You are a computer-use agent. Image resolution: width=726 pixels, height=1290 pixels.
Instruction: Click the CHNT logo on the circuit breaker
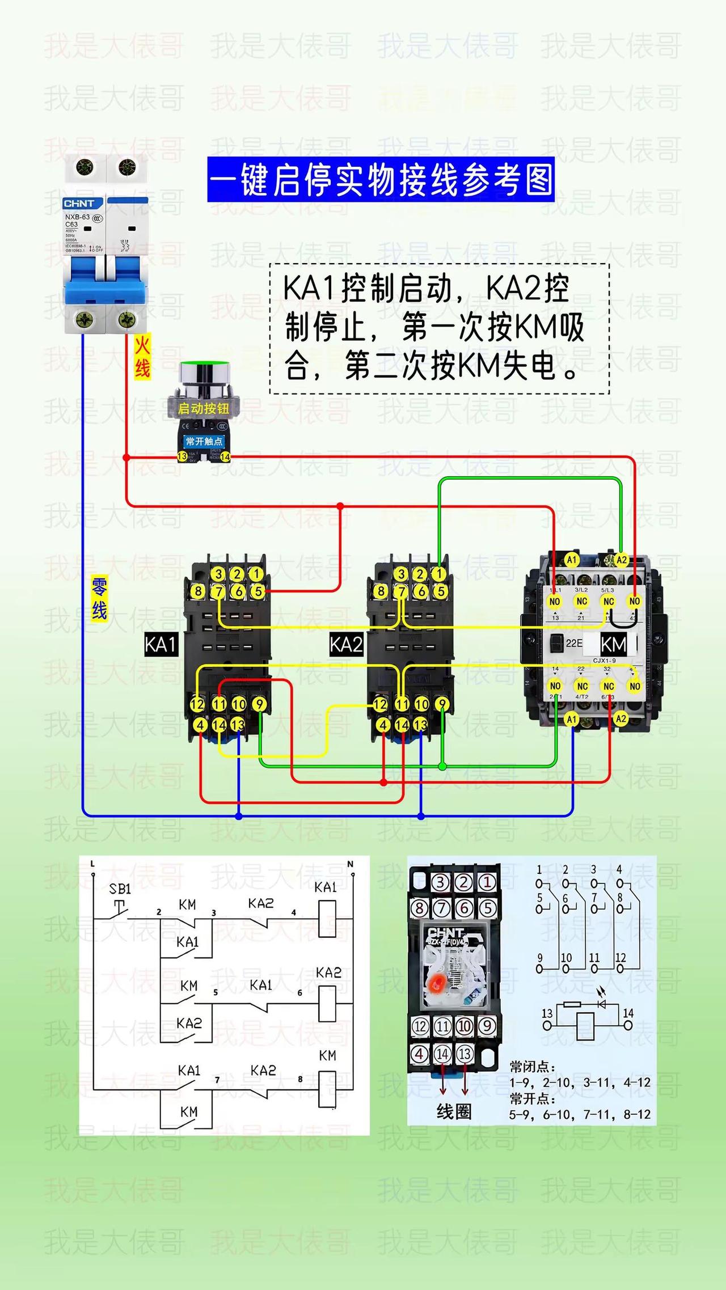click(79, 203)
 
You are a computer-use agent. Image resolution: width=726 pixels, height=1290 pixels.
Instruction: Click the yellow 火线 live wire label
click(142, 357)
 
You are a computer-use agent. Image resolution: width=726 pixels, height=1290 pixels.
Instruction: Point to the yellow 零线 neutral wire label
click(100, 598)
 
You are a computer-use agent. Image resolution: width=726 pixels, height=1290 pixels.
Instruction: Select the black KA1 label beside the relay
click(161, 645)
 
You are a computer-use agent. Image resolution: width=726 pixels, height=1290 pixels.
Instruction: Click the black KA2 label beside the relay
click(346, 645)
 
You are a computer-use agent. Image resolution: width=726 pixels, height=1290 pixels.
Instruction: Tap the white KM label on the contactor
click(613, 644)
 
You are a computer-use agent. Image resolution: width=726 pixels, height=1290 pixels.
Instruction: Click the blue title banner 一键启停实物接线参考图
click(381, 180)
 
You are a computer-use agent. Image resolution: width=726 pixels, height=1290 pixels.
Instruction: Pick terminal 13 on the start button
click(182, 456)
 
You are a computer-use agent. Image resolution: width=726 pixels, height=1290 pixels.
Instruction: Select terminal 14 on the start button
click(225, 456)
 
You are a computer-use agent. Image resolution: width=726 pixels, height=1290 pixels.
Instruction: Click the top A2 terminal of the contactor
click(622, 560)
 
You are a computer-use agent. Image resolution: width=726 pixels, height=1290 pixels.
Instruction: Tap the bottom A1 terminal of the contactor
click(572, 719)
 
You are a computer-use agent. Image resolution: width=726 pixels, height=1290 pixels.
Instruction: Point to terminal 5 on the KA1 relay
click(258, 591)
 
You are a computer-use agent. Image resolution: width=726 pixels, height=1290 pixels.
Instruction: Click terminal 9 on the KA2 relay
click(442, 704)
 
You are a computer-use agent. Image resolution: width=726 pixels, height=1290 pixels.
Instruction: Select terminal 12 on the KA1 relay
click(197, 704)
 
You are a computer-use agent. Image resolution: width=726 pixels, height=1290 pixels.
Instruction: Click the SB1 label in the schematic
click(120, 889)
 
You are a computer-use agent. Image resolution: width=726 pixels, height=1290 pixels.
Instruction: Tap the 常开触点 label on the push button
click(204, 441)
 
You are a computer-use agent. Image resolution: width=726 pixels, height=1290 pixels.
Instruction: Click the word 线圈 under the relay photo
click(454, 1112)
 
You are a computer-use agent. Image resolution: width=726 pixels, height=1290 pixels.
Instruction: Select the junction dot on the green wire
click(442, 767)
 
